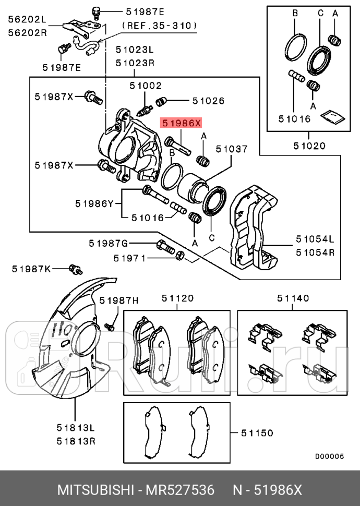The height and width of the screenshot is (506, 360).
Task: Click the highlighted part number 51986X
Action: pos(181,123)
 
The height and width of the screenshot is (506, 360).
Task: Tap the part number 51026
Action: pos(208,101)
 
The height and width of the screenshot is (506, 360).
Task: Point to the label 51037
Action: pos(232,149)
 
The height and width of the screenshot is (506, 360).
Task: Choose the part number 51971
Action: pos(130,258)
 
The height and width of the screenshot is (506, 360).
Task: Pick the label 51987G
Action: pos(108,243)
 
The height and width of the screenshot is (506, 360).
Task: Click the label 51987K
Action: pos(31,269)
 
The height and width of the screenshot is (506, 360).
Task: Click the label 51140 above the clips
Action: pos(293,298)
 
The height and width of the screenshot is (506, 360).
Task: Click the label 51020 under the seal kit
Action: pos(309,146)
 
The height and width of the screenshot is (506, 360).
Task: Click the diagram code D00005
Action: pos(329,456)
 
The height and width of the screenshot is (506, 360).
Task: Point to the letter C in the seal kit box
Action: pos(320,13)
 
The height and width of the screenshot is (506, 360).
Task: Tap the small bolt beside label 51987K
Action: pos(76,269)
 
